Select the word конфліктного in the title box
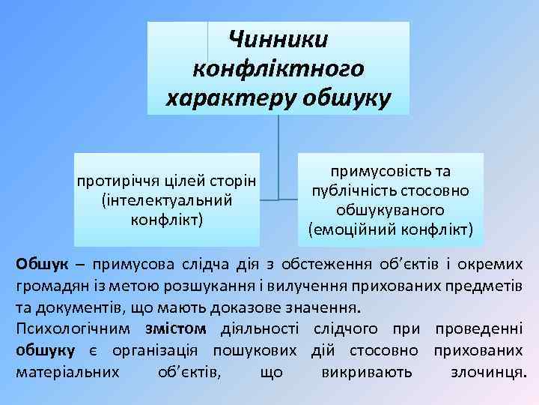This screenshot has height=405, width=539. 278,68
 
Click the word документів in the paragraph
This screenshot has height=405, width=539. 76,307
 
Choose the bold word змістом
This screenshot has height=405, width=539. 175,328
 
